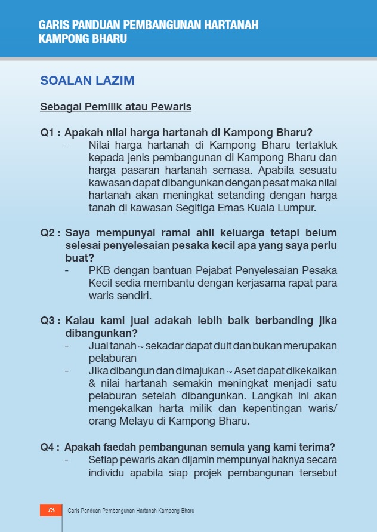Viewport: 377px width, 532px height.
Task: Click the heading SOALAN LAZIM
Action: point(87,81)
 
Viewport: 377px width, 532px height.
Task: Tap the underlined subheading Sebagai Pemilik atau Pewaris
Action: point(116,107)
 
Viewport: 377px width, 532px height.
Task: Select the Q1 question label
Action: point(50,133)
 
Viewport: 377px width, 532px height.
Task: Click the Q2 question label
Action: point(50,233)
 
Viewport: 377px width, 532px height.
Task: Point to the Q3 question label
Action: point(50,321)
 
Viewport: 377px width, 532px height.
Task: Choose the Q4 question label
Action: point(50,447)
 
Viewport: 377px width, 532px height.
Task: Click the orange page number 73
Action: point(51,510)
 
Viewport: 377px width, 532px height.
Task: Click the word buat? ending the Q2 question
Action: point(79,258)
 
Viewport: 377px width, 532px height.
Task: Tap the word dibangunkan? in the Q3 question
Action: point(101,333)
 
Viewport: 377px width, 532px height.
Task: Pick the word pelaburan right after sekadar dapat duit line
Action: point(113,358)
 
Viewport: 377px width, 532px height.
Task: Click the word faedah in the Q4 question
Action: point(122,447)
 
